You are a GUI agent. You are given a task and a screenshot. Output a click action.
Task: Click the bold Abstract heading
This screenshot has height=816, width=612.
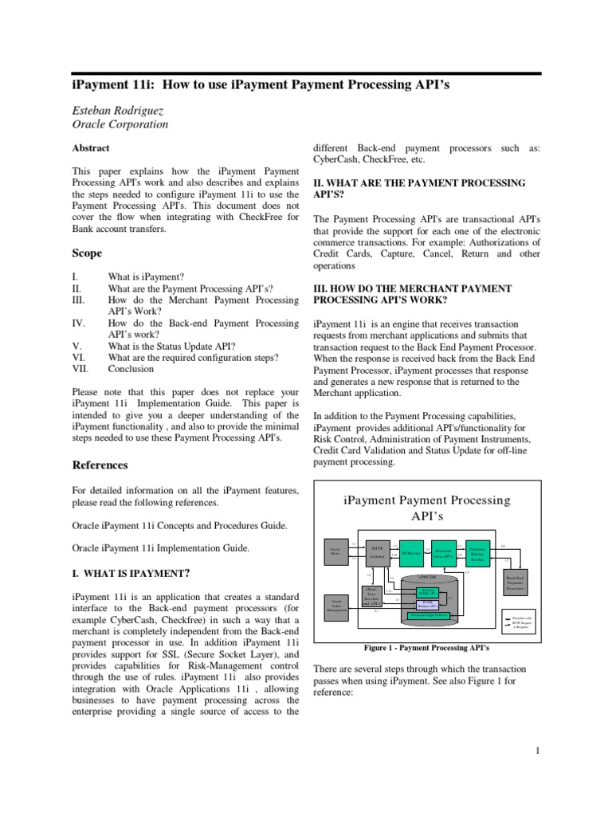coord(91,148)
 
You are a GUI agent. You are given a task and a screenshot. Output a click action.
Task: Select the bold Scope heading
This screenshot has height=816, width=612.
coord(87,253)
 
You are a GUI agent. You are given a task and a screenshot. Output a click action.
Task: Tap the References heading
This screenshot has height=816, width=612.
coord(100,465)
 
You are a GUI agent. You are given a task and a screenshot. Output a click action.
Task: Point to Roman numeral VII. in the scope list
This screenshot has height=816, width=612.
coord(81,370)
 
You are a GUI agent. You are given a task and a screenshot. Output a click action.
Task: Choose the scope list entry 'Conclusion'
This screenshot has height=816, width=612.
coord(131,370)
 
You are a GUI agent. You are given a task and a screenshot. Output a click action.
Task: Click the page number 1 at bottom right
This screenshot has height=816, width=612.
coord(539,750)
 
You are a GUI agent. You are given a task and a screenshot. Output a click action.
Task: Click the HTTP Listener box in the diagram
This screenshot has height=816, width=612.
coord(377,551)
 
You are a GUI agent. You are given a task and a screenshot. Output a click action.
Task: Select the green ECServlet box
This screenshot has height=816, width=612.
coord(410,551)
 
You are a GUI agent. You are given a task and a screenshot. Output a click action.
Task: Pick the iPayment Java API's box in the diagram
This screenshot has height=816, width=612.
coord(443,551)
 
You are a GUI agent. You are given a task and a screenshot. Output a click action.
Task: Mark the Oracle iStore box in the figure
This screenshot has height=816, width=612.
coord(335,551)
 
